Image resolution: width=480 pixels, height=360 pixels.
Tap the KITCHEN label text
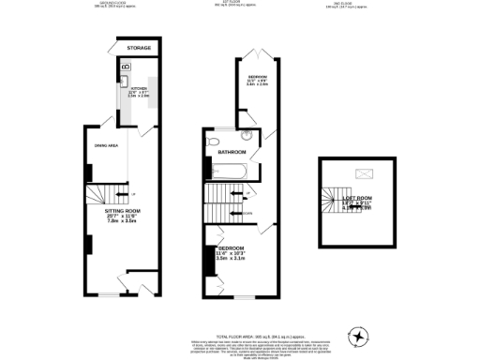(139, 91)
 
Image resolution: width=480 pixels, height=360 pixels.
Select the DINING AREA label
(104, 145)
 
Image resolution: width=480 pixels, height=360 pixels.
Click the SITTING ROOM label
(123, 212)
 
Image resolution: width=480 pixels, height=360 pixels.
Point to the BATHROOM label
(232, 153)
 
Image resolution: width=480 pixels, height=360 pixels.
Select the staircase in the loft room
(330, 199)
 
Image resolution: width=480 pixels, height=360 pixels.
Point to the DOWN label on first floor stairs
(247, 213)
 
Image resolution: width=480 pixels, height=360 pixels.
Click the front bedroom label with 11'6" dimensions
(231, 251)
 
